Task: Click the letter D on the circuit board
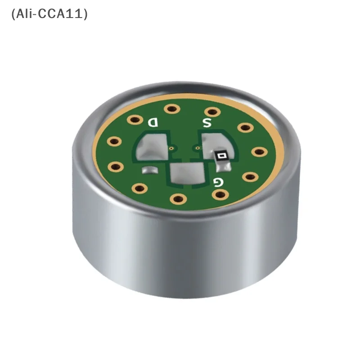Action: click(153, 122)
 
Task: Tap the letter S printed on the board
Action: click(207, 123)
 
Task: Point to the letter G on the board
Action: click(218, 182)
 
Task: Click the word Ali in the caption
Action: click(25, 14)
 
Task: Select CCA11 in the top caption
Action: click(60, 14)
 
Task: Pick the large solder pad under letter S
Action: click(213, 145)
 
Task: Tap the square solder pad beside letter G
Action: click(187, 173)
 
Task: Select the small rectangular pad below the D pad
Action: click(150, 170)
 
